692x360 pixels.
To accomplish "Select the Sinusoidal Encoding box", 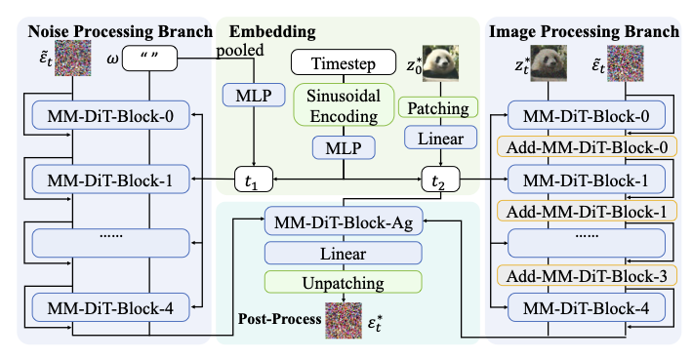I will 343,106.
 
